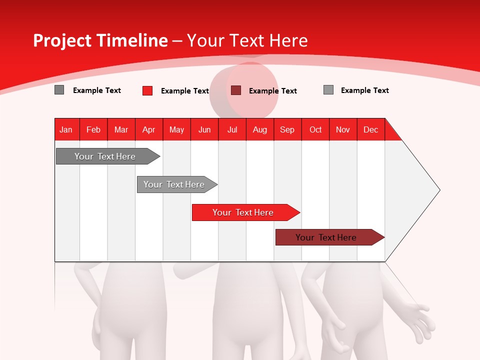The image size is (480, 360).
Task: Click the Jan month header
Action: pyautogui.click(x=66, y=129)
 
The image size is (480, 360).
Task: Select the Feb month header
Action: pyautogui.click(x=93, y=129)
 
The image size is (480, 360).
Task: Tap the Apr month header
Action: pyautogui.click(x=149, y=129)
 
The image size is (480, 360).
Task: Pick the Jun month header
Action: pyautogui.click(x=204, y=129)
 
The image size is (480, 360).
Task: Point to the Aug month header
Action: pyautogui.click(x=260, y=129)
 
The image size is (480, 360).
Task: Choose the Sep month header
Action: pyautogui.click(x=287, y=129)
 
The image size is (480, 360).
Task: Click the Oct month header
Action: pyautogui.click(x=315, y=129)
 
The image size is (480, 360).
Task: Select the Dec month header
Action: pyautogui.click(x=371, y=129)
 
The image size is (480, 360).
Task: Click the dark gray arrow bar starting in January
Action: pyautogui.click(x=105, y=156)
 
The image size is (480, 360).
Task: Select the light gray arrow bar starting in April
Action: pyautogui.click(x=174, y=184)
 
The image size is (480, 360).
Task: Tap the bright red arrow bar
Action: pyautogui.click(x=243, y=212)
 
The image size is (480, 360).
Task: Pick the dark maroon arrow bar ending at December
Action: pyautogui.click(x=326, y=237)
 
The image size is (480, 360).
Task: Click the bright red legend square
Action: pyautogui.click(x=147, y=90)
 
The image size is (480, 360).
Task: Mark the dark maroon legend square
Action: pyautogui.click(x=236, y=90)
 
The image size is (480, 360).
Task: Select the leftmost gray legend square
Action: pyautogui.click(x=59, y=90)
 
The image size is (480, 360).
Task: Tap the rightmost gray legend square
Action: pyautogui.click(x=328, y=90)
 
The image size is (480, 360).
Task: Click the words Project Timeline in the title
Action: pyautogui.click(x=100, y=40)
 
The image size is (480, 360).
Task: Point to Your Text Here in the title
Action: pyautogui.click(x=247, y=40)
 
